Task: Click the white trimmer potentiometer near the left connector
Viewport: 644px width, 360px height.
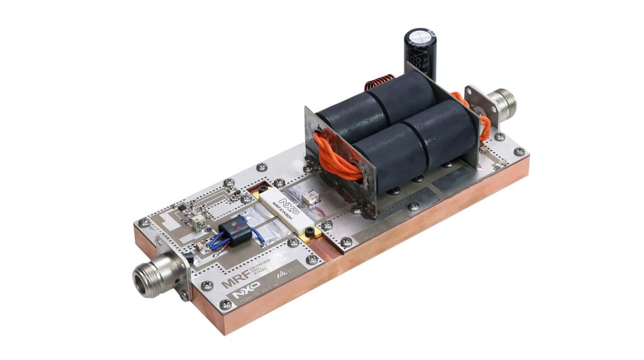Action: [x=198, y=222]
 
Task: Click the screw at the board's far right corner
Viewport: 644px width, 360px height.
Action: [x=519, y=152]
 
